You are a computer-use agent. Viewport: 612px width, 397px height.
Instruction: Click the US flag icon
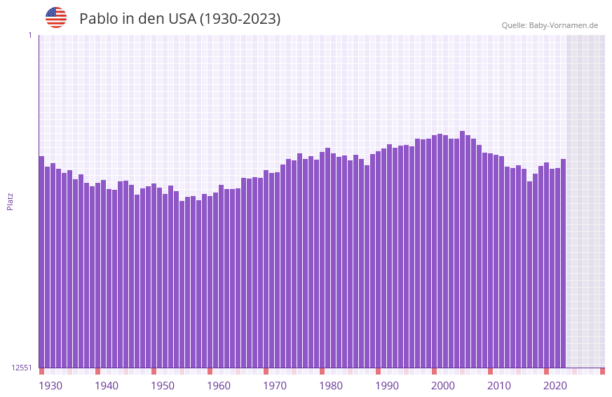(56, 18)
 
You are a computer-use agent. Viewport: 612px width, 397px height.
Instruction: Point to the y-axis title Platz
(10, 201)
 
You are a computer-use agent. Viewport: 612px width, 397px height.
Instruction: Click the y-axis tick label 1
(29, 35)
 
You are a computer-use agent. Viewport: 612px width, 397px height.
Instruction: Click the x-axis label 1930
(50, 386)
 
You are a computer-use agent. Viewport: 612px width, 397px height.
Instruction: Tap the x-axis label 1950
(163, 386)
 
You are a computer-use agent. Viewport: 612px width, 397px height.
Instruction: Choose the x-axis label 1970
(275, 386)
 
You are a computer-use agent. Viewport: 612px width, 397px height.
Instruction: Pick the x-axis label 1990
(387, 386)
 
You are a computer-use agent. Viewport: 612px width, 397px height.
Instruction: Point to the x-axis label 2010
(499, 386)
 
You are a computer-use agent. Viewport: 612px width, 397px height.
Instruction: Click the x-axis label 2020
(555, 386)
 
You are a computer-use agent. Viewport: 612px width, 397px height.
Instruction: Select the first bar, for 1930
(41, 263)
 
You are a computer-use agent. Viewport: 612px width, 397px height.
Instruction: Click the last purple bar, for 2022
(563, 263)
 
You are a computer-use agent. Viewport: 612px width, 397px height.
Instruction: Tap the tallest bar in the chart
(462, 249)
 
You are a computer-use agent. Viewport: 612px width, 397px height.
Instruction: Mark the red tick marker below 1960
(210, 371)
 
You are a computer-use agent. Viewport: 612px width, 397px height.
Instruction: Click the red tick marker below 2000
(434, 371)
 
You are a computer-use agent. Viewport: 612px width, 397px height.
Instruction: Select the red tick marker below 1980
(322, 371)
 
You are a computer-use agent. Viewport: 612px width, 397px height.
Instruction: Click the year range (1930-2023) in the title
(240, 19)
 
